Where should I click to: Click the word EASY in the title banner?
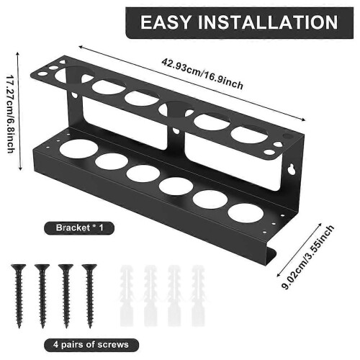tap(166, 22)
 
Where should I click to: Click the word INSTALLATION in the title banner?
tap(268, 22)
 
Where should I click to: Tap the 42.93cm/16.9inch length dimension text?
tap(202, 73)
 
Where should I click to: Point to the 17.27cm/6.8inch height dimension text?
tap(10, 114)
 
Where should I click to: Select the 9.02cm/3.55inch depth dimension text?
tap(308, 257)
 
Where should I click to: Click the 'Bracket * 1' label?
tap(79, 228)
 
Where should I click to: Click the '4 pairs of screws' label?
tap(91, 345)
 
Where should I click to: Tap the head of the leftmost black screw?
tap(19, 267)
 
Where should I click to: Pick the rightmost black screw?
tap(89, 296)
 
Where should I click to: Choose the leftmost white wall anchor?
tap(126, 296)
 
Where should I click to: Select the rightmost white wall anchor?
tap(198, 296)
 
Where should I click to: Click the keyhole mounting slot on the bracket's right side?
tap(292, 169)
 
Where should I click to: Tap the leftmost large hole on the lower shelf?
tap(79, 149)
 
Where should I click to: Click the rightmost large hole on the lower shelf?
tap(246, 212)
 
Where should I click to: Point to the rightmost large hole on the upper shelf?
tap(249, 135)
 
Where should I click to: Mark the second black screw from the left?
tap(42, 296)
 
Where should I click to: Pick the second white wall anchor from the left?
tap(150, 296)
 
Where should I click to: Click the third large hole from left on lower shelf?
tap(143, 174)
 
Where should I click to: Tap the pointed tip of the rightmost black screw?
tap(90, 328)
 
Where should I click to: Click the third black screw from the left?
tap(66, 296)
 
